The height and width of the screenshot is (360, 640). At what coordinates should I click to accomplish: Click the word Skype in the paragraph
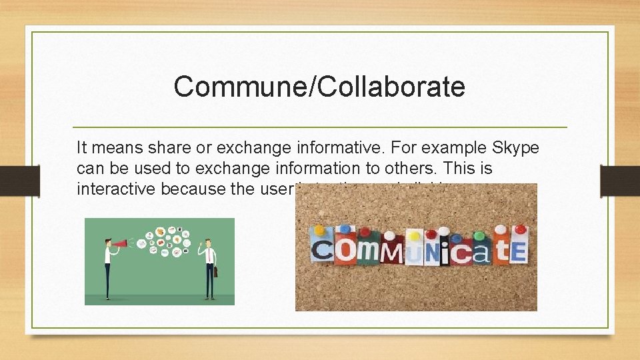[x=514, y=147]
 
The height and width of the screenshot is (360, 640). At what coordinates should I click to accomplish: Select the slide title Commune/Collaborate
[x=319, y=87]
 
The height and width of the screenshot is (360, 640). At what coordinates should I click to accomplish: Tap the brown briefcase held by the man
[x=217, y=271]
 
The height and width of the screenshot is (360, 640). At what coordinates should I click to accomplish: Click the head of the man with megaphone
[x=107, y=241]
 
